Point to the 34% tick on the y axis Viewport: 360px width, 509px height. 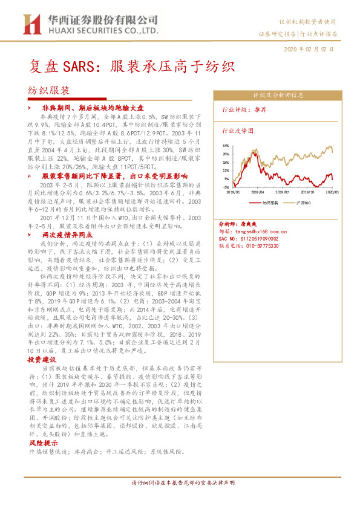(x=225, y=146)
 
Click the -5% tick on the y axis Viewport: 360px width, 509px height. (x=225, y=187)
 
